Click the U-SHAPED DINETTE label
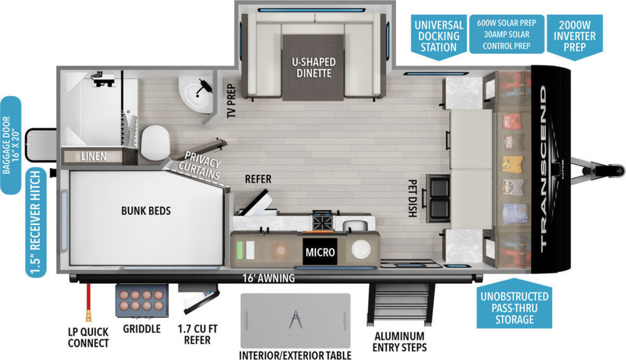314,68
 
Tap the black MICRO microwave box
320,251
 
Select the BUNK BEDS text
146,211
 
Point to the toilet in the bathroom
155,143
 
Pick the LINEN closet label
93,157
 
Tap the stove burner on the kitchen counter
323,220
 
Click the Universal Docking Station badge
439,37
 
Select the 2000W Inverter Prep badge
574,37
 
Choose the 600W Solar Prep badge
507,34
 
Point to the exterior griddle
142,301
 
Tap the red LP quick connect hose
89,303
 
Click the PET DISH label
413,198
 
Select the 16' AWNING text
268,279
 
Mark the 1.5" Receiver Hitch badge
36,222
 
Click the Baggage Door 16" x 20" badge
10,146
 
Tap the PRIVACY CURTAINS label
200,165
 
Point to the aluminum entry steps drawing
401,305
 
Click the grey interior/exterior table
295,320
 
